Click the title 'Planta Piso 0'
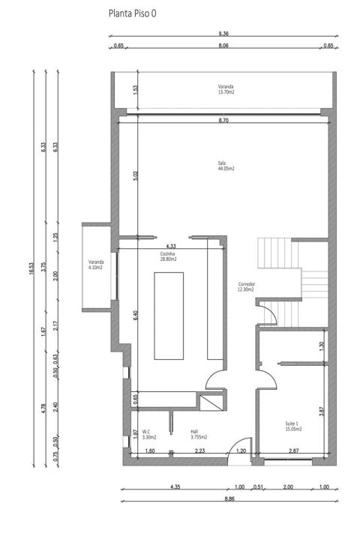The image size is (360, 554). [x=132, y=13]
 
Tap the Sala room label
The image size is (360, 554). [x=226, y=166]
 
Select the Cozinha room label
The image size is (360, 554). [x=168, y=256]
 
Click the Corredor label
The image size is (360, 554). [x=247, y=287]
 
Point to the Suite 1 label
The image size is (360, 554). [x=293, y=427]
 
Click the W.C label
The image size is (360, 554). [x=149, y=435]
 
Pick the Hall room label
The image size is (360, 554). [x=199, y=435]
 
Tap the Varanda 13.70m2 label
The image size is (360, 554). [x=226, y=89]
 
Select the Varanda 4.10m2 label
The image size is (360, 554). [x=96, y=265]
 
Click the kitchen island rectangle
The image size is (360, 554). [x=169, y=316]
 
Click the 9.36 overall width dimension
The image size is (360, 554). [x=223, y=34]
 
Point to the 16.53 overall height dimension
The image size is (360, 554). [x=31, y=268]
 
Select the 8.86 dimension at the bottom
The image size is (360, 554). [x=229, y=499]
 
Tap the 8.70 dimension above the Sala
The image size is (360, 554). [x=223, y=121]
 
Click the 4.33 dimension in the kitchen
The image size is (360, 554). [x=171, y=246]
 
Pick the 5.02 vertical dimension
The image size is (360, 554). [x=136, y=176]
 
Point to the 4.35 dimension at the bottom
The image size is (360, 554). [x=175, y=487]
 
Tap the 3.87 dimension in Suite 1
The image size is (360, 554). [x=321, y=412]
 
